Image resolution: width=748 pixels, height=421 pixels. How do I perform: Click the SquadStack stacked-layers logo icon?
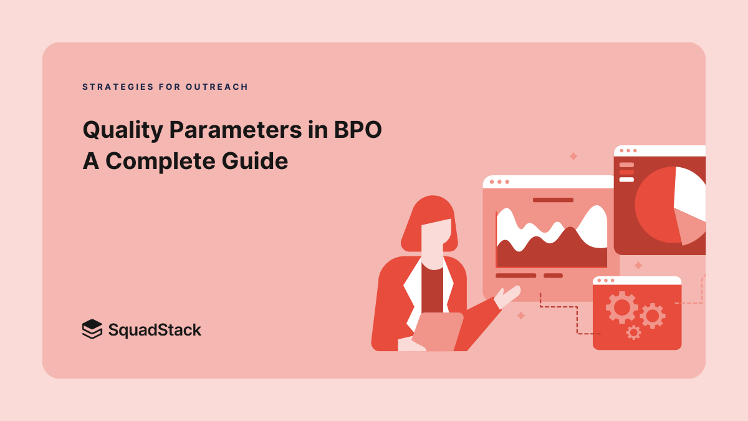pyautogui.click(x=92, y=329)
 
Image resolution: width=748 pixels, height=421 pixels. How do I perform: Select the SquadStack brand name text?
pyautogui.click(x=155, y=329)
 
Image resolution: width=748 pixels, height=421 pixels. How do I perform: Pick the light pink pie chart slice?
pyautogui.click(x=690, y=227)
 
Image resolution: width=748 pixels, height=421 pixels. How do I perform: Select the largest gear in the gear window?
pyautogui.click(x=621, y=306)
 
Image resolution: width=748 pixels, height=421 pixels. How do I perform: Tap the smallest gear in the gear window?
pyautogui.click(x=633, y=332)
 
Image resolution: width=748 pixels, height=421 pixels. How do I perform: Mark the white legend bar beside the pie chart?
pyautogui.click(x=626, y=180)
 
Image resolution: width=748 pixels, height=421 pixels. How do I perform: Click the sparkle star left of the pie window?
pyautogui.click(x=573, y=157)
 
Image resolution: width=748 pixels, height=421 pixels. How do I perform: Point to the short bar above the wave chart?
pyautogui.click(x=553, y=200)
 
